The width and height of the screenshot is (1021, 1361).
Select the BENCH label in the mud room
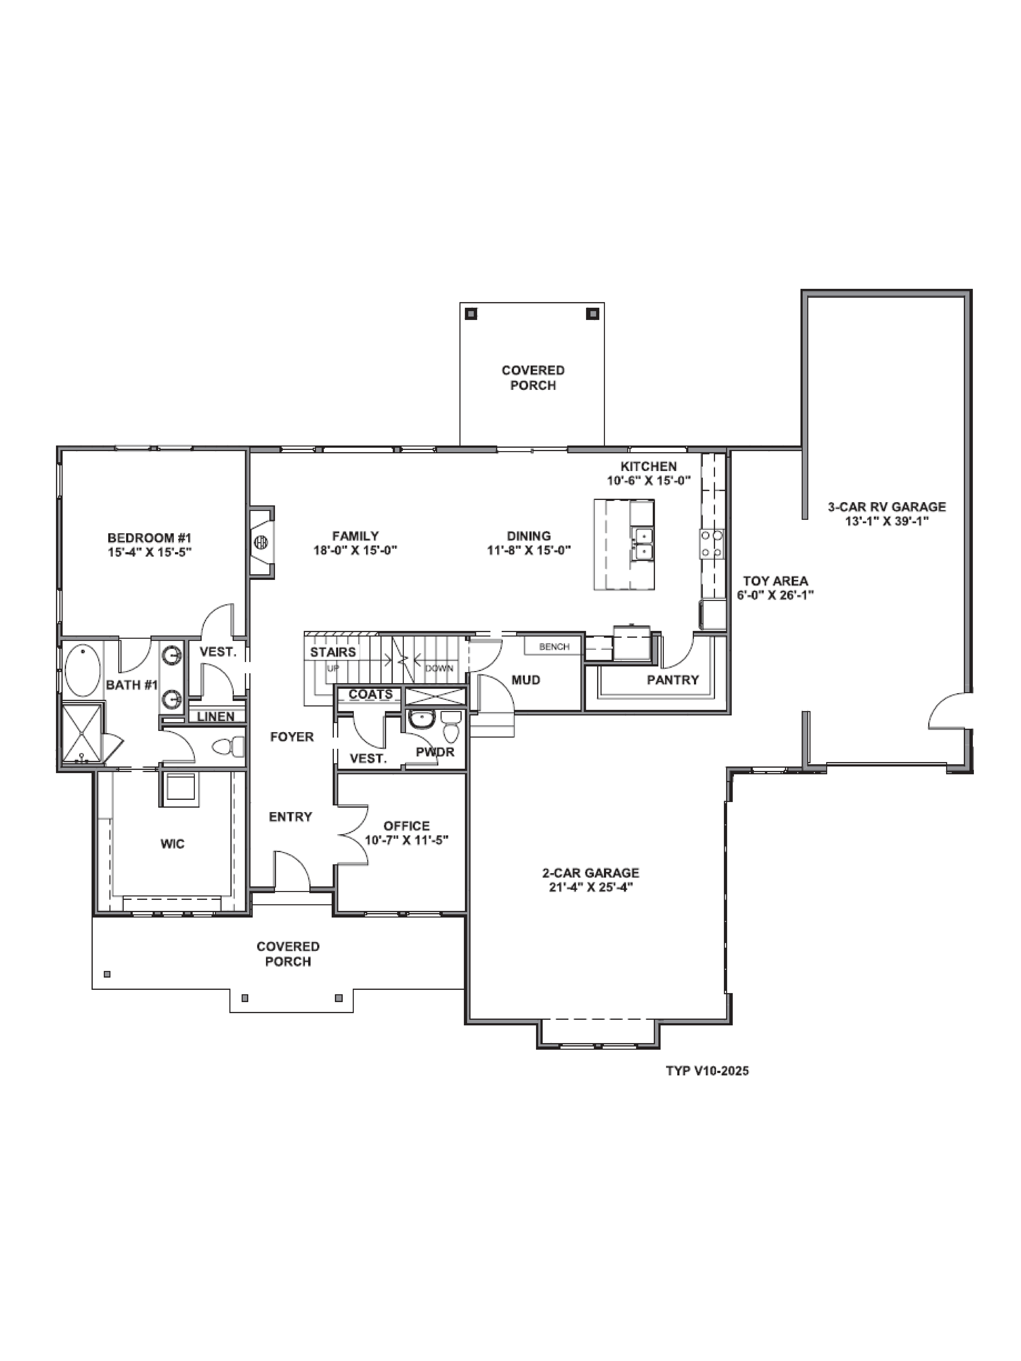[554, 647]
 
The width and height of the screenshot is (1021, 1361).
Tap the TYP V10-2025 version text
[707, 1071]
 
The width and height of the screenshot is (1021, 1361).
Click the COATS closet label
[370, 694]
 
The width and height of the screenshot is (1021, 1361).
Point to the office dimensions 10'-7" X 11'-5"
[406, 840]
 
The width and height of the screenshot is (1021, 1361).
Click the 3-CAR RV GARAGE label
[886, 507]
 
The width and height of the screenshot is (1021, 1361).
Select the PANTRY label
[673, 680]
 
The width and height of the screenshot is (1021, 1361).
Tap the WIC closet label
[172, 844]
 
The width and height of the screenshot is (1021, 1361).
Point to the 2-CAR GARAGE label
[590, 872]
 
